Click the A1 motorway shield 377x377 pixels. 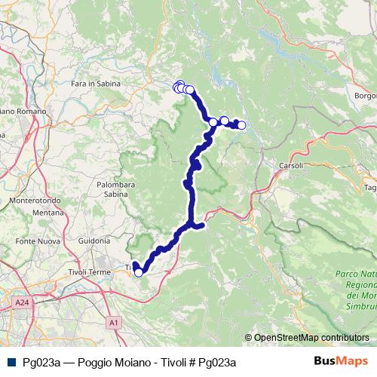(114, 323)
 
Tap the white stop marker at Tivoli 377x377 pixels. (138, 272)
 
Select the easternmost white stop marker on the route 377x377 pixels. (241, 125)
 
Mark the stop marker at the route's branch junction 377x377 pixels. (213, 122)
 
